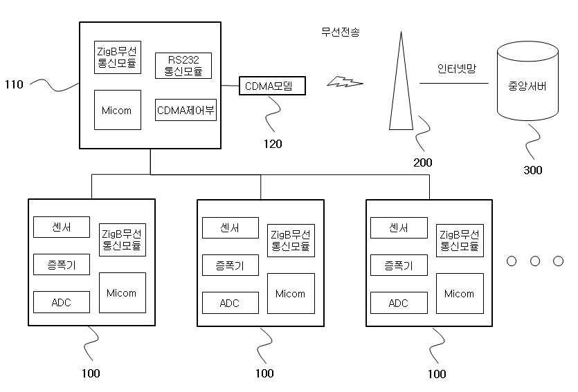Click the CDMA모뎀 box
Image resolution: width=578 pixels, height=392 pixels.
point(272,86)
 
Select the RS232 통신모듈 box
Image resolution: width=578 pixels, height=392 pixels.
point(183,66)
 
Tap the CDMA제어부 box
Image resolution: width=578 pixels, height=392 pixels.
point(186,109)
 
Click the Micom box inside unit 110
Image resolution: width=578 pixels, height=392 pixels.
point(117,110)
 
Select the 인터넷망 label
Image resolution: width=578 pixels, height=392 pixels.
point(457,69)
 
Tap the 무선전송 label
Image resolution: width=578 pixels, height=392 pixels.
point(340,32)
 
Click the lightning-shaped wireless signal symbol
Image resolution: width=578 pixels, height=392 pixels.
point(345,83)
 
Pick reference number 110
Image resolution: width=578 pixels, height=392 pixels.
point(14,85)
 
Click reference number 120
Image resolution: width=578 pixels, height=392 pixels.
point(272,144)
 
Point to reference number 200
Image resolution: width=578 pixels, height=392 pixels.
point(422,163)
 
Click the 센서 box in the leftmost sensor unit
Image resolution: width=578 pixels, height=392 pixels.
point(62,226)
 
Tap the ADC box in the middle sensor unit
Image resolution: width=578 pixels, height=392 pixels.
point(230,303)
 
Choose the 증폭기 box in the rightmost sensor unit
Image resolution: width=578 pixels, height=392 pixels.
point(399,265)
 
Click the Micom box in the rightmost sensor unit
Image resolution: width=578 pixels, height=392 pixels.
point(459,294)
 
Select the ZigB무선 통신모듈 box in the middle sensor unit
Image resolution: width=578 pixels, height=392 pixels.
point(290,239)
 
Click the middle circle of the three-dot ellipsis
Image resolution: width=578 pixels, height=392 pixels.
point(535,261)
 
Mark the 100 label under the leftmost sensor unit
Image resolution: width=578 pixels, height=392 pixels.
point(91,374)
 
